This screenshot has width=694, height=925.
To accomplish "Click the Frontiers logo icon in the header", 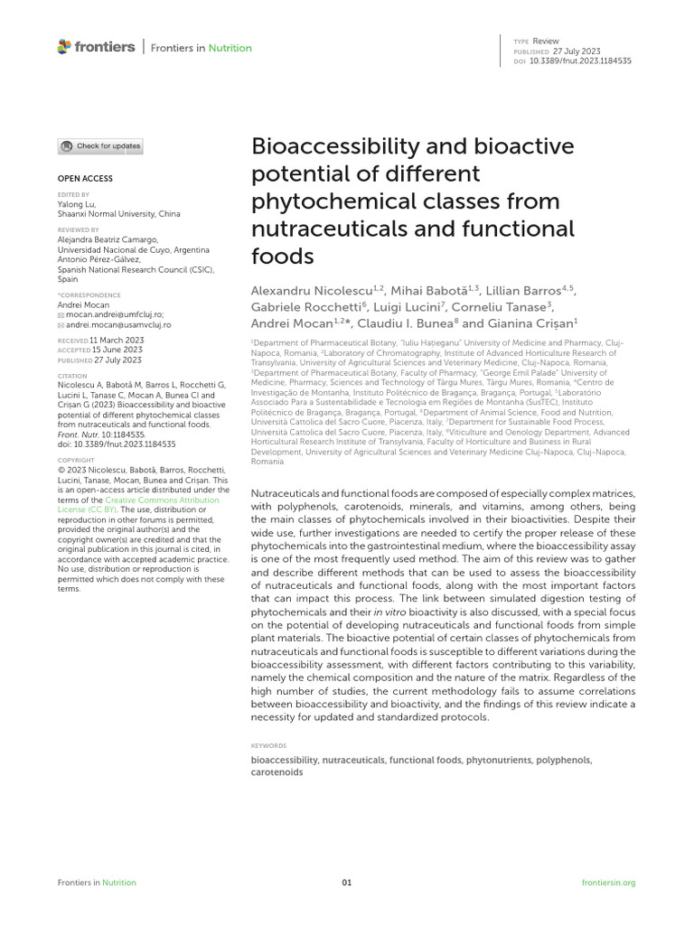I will pyautogui.click(x=63, y=47).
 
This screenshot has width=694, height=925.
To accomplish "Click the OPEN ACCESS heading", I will pyautogui.click(x=86, y=179).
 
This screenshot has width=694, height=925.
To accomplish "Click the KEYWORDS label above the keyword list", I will pyautogui.click(x=268, y=746).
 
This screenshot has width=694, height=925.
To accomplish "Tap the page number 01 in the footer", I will pyautogui.click(x=347, y=883).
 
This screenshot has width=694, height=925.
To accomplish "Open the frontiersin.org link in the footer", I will pyautogui.click(x=609, y=883).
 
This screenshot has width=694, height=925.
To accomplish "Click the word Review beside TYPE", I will pyautogui.click(x=546, y=42).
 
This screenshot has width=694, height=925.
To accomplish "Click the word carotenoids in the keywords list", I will pyautogui.click(x=277, y=773).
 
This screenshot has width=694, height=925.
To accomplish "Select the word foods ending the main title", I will pyautogui.click(x=282, y=256).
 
